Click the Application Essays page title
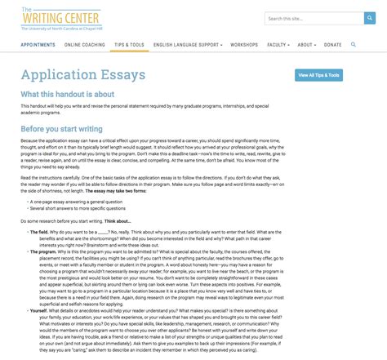(x=83, y=75)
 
